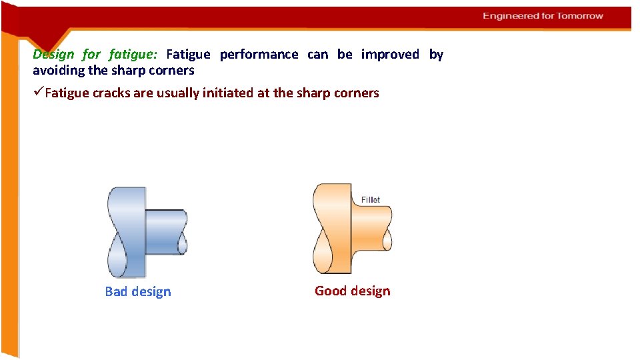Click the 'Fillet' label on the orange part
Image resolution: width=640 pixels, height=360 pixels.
(x=371, y=200)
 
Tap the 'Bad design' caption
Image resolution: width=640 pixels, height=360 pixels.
(x=138, y=291)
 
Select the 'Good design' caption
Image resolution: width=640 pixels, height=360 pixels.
(x=352, y=291)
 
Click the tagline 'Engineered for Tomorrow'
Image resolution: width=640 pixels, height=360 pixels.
(x=543, y=16)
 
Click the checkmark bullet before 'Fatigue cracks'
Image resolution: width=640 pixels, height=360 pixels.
(x=38, y=93)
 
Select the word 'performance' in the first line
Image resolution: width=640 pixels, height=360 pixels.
(x=259, y=54)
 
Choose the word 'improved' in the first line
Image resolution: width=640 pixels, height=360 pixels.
(x=390, y=54)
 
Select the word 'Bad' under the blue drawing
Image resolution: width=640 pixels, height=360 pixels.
(x=117, y=291)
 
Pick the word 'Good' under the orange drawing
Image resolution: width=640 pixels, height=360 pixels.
(x=329, y=291)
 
